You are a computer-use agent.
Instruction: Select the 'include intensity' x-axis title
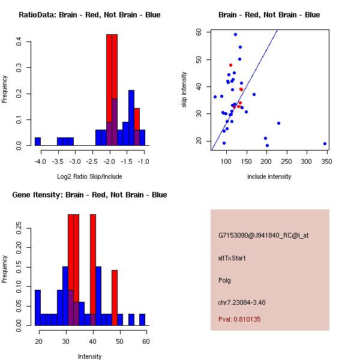click(x=269, y=176)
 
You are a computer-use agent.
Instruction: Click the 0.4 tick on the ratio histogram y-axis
click(x=20, y=42)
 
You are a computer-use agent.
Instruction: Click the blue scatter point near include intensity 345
click(x=325, y=144)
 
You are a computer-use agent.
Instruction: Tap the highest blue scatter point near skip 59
click(x=235, y=34)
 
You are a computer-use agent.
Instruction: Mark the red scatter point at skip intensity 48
click(x=230, y=65)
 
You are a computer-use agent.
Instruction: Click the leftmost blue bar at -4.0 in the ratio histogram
click(x=38, y=142)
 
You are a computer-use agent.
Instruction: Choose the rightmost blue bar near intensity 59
click(x=142, y=319)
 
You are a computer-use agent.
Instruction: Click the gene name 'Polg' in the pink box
click(x=225, y=280)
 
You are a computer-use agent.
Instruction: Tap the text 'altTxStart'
click(x=232, y=258)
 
